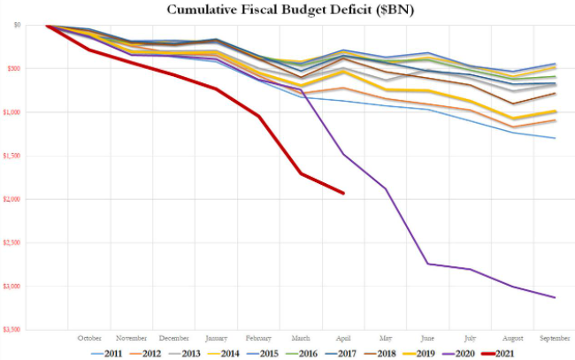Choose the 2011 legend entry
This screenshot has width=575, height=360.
click(x=107, y=352)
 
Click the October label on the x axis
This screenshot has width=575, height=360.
click(x=89, y=337)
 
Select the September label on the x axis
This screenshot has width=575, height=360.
click(x=555, y=337)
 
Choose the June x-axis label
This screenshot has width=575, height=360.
click(x=428, y=337)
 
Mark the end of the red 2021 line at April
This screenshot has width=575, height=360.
click(x=343, y=193)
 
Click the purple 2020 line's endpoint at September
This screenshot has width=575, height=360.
click(x=555, y=297)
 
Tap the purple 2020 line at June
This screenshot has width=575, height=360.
click(x=428, y=264)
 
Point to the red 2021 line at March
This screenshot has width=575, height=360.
click(x=301, y=173)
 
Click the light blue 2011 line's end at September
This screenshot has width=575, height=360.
click(x=555, y=138)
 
